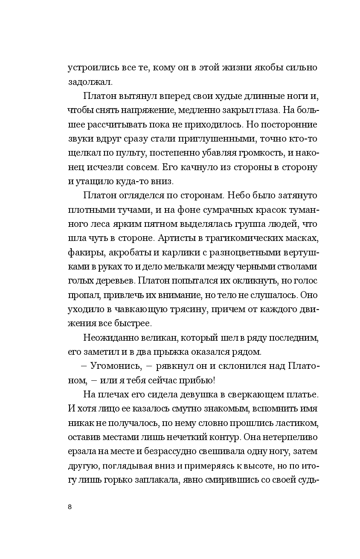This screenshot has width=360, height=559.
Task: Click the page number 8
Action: click(70, 507)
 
